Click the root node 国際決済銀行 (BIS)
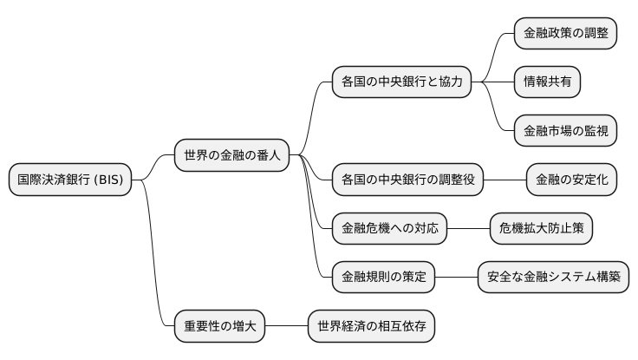tap(70, 180)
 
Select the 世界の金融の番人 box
tap(231, 155)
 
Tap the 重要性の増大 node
tap(219, 327)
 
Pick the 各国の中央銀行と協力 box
tap(402, 82)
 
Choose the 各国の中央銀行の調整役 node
tap(408, 180)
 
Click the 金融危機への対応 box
tap(390, 229)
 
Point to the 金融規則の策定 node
tap(384, 278)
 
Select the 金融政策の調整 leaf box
tap(565, 34)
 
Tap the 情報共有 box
tap(547, 82)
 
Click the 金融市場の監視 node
tap(565, 131)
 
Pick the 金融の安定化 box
tap(572, 180)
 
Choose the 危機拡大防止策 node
tap(542, 229)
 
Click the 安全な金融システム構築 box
tap(553, 278)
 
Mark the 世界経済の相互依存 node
tap(371, 327)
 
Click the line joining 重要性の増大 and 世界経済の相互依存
tap(286, 327)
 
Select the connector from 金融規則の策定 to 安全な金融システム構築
tap(456, 278)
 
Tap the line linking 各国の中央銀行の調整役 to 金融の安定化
tap(505, 180)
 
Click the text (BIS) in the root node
tap(109, 180)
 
